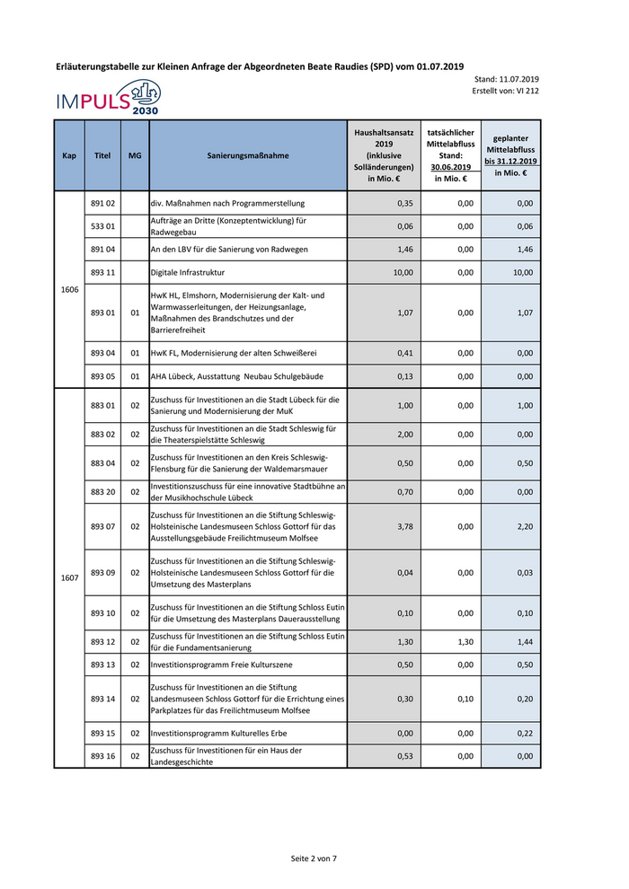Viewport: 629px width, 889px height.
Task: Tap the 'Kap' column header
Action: click(x=69, y=155)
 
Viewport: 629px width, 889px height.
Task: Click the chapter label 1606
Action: click(x=69, y=289)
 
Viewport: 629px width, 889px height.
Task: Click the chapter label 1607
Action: click(x=69, y=577)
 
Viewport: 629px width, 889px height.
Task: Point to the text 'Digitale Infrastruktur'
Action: click(x=188, y=272)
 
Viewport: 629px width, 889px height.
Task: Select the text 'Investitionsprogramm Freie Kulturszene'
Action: click(x=221, y=665)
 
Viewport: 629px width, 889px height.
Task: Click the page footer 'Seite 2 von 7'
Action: click(x=314, y=858)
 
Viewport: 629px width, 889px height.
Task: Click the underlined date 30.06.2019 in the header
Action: click(x=451, y=167)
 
